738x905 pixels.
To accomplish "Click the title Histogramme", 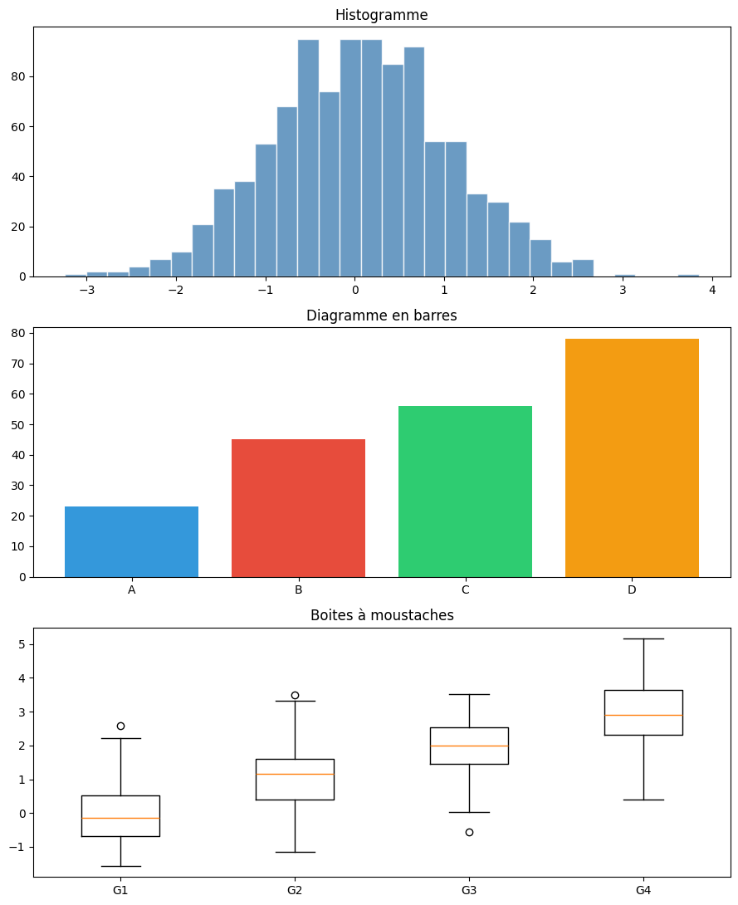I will click(x=381, y=15).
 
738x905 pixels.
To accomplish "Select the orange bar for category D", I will click(x=632, y=457).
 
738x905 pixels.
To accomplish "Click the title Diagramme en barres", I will click(x=381, y=316).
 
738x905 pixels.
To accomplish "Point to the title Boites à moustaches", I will click(x=381, y=615).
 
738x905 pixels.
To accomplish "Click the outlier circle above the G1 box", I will click(x=120, y=726).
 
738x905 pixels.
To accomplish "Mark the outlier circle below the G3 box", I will click(x=469, y=832).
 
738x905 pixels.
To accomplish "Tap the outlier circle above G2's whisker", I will click(x=295, y=695).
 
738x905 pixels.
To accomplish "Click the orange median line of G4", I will click(x=643, y=715).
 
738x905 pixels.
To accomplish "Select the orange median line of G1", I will click(x=120, y=818).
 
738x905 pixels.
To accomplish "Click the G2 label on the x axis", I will click(x=295, y=890).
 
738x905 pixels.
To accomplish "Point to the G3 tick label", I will click(x=469, y=890).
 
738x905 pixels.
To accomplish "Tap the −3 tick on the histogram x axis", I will click(x=87, y=290).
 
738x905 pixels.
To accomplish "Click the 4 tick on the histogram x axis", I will click(x=712, y=290).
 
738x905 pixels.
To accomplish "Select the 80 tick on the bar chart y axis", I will click(x=20, y=333).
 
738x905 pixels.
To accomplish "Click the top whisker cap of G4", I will click(x=643, y=638).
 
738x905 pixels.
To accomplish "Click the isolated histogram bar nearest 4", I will click(x=687, y=275).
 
